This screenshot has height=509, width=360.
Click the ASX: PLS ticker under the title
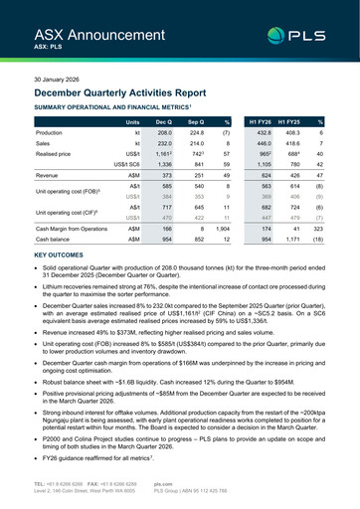[x=47, y=46]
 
